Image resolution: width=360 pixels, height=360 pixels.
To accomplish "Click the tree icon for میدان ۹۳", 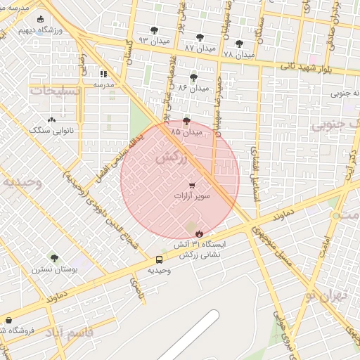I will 154,30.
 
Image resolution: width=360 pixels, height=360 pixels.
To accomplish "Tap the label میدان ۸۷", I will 199,47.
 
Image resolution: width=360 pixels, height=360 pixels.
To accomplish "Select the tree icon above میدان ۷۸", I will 239,44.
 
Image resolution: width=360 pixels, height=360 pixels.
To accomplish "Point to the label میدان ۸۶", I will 193,88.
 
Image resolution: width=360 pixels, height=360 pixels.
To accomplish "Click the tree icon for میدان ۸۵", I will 186,121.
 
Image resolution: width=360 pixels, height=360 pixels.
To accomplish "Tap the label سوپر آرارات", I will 192,196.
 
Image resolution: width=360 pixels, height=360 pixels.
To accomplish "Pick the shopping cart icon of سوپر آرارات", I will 192,186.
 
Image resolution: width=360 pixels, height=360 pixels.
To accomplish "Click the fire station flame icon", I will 198,233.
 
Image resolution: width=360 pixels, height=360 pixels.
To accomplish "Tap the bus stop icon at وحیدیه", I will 159,259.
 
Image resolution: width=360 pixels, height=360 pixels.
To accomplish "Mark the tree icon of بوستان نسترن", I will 53,258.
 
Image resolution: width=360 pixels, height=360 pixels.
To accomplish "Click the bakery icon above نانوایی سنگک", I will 52,120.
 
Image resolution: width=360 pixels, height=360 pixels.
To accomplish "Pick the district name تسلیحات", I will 51,91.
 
